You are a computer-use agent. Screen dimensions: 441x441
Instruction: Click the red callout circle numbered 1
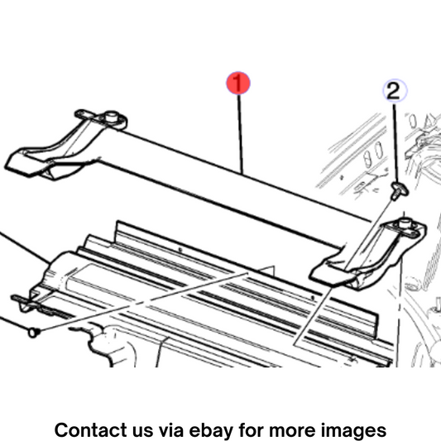pos(238,84)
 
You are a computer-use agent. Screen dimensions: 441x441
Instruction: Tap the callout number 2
pos(395,90)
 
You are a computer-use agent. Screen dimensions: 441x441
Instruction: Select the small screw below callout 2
pos(400,190)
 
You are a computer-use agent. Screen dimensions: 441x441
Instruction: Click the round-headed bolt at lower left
pos(34,333)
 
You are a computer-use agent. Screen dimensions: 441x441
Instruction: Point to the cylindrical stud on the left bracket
pos(112,116)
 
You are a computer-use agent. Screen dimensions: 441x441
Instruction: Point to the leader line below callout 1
pos(240,134)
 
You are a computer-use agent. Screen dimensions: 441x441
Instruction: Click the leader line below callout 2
pos(396,143)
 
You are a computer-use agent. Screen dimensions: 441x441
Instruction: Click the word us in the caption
pos(143,431)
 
